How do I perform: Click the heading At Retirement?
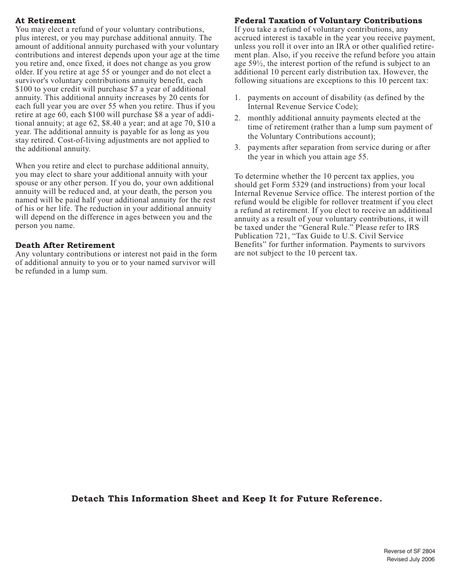[46, 21]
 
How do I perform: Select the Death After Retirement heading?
[65, 246]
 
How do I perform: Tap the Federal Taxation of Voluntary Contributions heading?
[328, 21]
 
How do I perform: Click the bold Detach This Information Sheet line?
[226, 499]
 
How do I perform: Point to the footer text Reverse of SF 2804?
[409, 551]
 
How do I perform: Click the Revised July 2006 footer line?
[411, 560]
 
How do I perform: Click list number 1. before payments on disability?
[237, 98]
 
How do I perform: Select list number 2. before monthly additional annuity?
[237, 118]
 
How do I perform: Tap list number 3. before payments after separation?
[237, 147]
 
